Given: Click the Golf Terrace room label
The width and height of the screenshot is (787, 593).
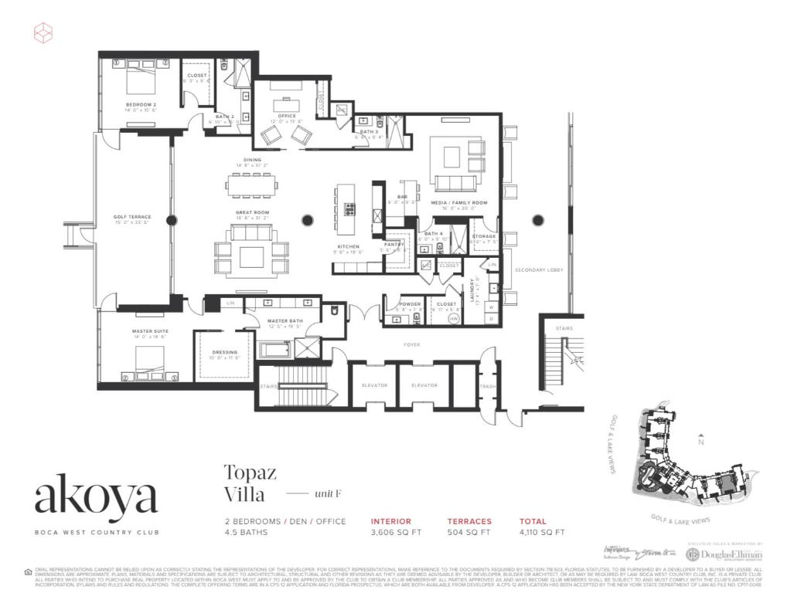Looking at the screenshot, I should pos(131,217).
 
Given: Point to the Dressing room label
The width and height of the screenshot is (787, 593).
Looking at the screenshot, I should pos(224,352).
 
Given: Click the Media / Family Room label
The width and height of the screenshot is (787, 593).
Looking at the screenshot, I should pos(459,202).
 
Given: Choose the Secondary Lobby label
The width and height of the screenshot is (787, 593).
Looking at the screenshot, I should pos(539,269).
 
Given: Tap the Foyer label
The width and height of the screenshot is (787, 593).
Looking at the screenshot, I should pos(411,344).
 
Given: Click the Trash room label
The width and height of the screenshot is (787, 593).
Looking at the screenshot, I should pos(487,386).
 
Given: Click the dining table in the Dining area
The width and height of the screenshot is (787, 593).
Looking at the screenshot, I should pos(252,185).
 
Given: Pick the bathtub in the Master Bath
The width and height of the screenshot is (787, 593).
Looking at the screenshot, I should pos(274,351).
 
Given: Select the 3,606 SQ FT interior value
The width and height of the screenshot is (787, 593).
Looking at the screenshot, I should pos(397,533).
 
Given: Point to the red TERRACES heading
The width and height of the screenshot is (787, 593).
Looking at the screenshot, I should pos(469,521).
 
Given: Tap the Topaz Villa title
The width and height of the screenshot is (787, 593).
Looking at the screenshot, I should pos(250,482).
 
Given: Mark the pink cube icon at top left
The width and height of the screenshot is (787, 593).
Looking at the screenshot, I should pos(43,32).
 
